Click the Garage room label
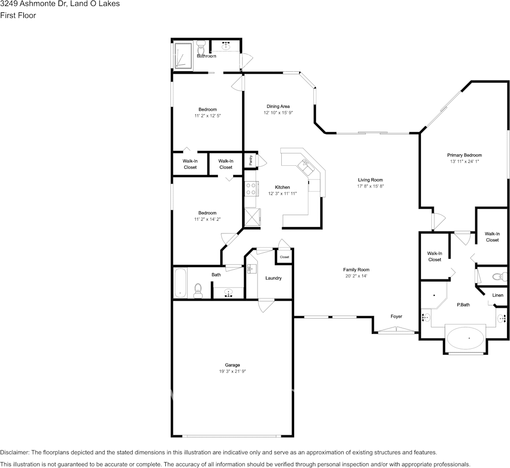pyautogui.click(x=232, y=365)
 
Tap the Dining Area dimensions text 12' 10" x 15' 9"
pyautogui.click(x=278, y=113)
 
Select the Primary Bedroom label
pyautogui.click(x=465, y=155)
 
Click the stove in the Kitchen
pyautogui.click(x=251, y=188)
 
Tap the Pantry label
pyautogui.click(x=251, y=160)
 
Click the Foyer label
pyautogui.click(x=396, y=316)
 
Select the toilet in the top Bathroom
pyautogui.click(x=201, y=48)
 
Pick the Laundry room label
pyautogui.click(x=273, y=278)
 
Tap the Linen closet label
pyautogui.click(x=498, y=295)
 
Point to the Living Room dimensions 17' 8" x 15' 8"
pyautogui.click(x=370, y=187)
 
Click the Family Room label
pyautogui.click(x=356, y=270)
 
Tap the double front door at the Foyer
pyautogui.click(x=396, y=331)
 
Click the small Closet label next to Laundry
pyautogui.click(x=284, y=257)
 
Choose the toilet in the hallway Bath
pyautogui.click(x=199, y=290)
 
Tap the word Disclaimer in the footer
pyautogui.click(x=14, y=452)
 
